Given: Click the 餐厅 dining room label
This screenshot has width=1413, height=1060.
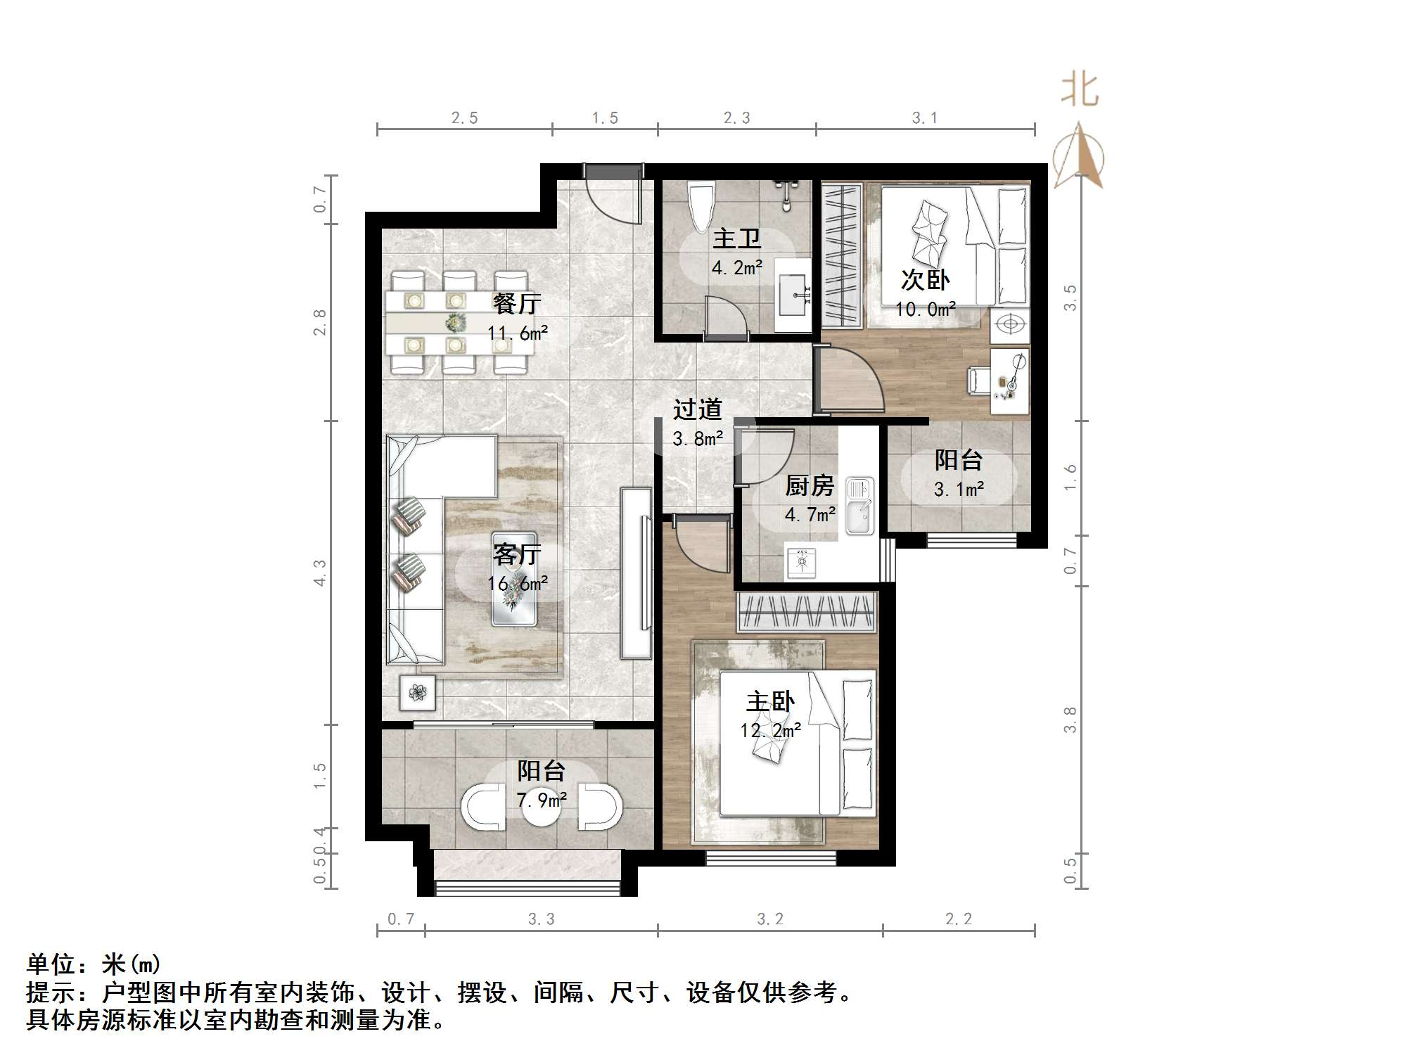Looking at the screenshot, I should (x=517, y=303).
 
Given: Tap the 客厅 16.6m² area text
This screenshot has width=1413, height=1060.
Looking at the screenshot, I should (x=517, y=583).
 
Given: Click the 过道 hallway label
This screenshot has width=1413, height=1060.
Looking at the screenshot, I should (x=697, y=409).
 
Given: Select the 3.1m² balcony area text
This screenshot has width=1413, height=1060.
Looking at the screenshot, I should (x=959, y=489).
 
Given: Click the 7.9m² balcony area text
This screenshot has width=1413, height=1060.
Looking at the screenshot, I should (x=542, y=800).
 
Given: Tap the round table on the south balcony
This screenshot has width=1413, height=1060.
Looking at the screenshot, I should (x=542, y=809).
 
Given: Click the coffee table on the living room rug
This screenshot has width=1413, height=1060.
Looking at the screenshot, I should (x=514, y=579).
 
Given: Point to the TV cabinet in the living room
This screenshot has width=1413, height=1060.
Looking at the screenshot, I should (x=636, y=573).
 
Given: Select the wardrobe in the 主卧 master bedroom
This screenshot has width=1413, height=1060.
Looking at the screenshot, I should (x=807, y=612).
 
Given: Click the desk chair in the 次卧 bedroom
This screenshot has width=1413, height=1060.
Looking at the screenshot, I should (x=978, y=381).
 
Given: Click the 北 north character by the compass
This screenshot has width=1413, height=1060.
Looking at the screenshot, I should (x=1080, y=91).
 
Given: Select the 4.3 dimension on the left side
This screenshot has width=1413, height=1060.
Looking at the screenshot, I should (x=319, y=573).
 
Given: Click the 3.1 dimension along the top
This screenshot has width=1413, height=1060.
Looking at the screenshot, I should (x=924, y=118).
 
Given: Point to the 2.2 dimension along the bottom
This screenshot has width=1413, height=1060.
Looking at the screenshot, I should (x=958, y=919).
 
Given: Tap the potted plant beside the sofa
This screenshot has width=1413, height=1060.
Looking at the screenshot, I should (x=418, y=693).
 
